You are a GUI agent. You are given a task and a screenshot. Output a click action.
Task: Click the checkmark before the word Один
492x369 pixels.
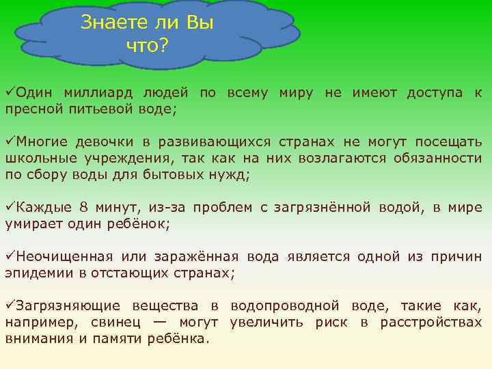(x=10, y=92)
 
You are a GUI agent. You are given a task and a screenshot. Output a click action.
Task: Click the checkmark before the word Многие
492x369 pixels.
(x=10, y=142)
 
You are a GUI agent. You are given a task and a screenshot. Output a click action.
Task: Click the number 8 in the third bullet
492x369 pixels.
(x=84, y=208)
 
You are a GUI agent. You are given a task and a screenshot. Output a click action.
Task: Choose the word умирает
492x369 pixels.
(x=33, y=224)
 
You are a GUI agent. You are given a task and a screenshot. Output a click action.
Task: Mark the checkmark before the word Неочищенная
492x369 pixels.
(x=10, y=257)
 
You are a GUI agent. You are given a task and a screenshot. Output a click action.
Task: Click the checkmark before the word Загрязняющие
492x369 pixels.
(x=10, y=306)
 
